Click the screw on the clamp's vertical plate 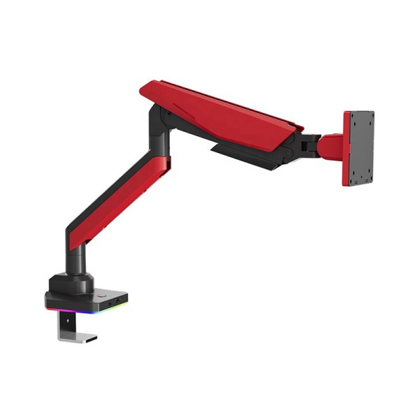click(66, 323)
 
